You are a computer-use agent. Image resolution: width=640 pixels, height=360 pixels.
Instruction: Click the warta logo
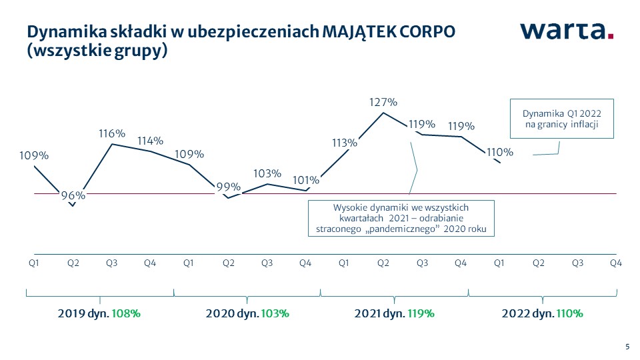click(567, 31)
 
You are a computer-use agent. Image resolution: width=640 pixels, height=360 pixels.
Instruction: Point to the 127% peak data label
click(383, 103)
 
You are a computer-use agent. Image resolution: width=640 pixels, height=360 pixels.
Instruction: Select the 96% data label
click(73, 195)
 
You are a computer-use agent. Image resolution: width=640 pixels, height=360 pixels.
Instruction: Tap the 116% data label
click(111, 134)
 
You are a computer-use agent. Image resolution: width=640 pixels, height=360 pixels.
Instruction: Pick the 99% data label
click(228, 187)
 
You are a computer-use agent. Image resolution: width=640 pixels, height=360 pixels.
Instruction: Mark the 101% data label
click(306, 179)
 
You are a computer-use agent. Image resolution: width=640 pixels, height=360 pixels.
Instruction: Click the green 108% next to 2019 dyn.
click(126, 313)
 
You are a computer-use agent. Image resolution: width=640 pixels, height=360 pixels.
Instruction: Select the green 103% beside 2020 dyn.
click(275, 313)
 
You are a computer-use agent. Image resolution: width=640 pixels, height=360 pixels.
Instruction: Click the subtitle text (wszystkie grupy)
click(96, 51)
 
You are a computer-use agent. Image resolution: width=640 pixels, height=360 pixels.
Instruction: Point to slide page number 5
click(627, 346)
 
